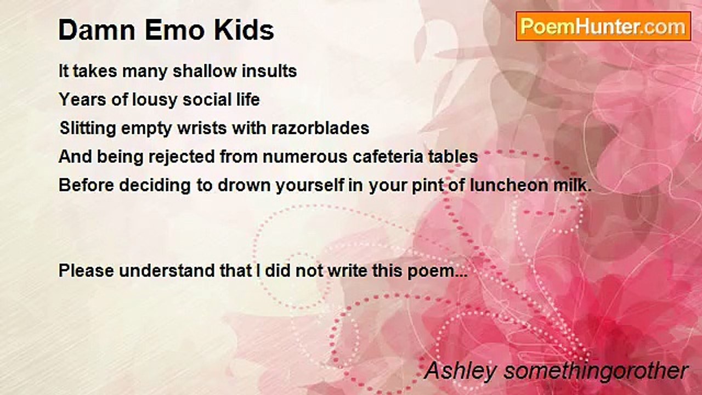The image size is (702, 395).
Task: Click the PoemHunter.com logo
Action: tap(603, 26)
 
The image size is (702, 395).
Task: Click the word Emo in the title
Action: tap(174, 30)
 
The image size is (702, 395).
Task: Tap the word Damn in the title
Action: tap(97, 30)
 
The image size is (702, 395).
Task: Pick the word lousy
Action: tap(155, 100)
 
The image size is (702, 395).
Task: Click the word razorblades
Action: tap(320, 128)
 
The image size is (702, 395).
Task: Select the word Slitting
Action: tap(88, 128)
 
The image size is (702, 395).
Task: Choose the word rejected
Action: tap(182, 157)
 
